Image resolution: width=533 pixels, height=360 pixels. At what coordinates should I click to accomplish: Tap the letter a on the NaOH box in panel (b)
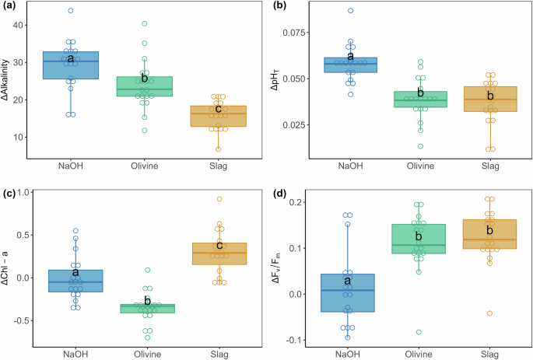(x=350, y=56)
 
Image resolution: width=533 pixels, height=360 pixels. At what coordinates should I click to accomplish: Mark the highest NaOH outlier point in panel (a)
(x=70, y=11)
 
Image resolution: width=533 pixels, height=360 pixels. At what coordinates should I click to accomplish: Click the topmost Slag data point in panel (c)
(x=219, y=199)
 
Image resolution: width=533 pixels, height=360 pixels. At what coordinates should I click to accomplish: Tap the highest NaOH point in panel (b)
(x=350, y=11)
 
